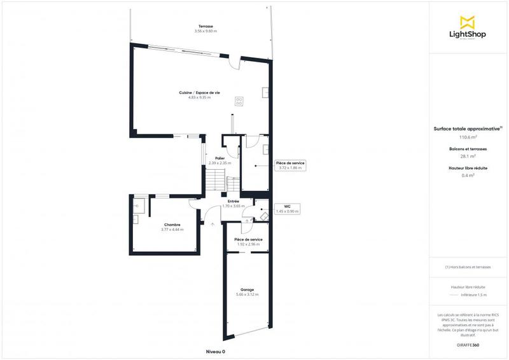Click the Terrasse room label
205,27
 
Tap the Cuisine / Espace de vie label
199,93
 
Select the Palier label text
220,158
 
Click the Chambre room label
172,225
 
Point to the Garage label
247,289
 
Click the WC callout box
287,209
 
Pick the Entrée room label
234,202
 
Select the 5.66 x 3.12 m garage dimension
247,295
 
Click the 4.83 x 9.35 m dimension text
199,98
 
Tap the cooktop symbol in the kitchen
240,100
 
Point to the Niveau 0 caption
216,352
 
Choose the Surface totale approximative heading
468,128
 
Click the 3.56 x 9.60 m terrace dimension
205,31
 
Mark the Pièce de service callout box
290,165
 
